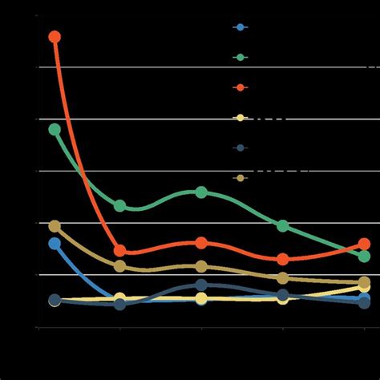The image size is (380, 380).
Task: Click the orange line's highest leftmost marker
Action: (x=55, y=37)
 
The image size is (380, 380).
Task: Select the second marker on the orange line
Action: (x=120, y=251)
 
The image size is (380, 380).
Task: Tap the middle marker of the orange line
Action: (x=201, y=243)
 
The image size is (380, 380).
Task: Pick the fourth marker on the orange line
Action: (x=283, y=259)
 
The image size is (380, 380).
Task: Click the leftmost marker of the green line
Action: (x=55, y=129)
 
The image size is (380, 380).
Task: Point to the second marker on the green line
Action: (x=120, y=206)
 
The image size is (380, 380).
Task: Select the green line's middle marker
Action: (x=201, y=192)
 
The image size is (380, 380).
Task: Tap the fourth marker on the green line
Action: (x=283, y=226)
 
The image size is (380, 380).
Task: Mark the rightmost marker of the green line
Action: (x=364, y=257)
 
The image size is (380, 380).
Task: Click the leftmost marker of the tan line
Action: (x=55, y=227)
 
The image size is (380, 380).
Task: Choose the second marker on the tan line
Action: (x=120, y=266)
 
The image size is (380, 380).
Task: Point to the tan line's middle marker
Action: (x=201, y=266)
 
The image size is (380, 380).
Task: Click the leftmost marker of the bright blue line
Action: (x=55, y=244)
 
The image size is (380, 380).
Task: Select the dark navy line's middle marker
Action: (x=201, y=285)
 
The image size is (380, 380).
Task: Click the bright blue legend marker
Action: (x=240, y=27)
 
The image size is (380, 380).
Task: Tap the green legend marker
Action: (x=240, y=57)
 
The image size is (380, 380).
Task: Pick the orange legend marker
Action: (x=240, y=87)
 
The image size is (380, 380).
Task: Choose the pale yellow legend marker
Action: (x=240, y=118)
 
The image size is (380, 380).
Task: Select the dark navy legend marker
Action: (x=240, y=148)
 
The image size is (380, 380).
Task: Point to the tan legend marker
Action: (x=240, y=177)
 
